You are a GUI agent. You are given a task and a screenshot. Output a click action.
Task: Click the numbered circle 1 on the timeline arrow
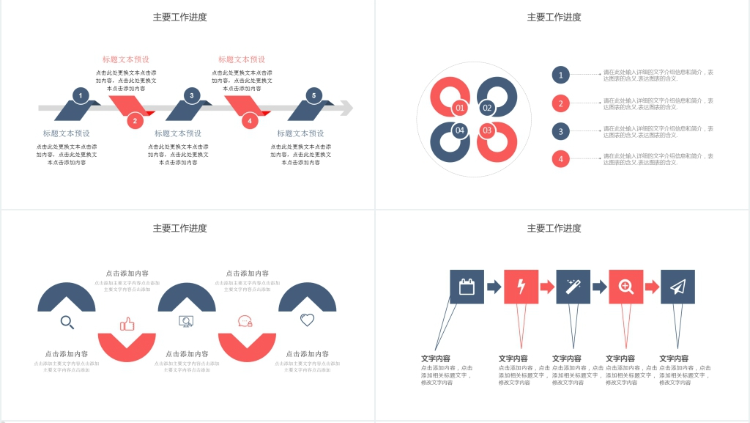tap(81, 95)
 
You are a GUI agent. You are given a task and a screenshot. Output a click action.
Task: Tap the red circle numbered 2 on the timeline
tap(135, 121)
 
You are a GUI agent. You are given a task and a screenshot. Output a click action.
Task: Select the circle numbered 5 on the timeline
tap(313, 95)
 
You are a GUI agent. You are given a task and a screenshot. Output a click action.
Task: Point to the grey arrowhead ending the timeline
tap(346, 108)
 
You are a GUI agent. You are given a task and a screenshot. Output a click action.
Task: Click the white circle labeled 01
tap(460, 108)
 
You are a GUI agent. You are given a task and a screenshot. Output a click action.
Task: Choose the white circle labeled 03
tap(487, 130)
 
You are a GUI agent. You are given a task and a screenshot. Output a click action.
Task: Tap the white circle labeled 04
tap(460, 130)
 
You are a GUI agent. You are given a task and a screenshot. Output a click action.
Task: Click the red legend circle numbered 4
tap(560, 158)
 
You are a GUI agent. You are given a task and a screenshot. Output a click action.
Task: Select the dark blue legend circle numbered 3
tap(560, 131)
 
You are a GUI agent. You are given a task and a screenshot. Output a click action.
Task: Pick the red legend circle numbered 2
tap(560, 103)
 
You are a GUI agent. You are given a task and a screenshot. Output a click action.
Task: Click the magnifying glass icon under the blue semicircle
tap(67, 322)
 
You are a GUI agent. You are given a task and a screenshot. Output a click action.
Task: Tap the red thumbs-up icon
tap(127, 323)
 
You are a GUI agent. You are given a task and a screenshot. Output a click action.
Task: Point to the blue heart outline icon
tap(307, 320)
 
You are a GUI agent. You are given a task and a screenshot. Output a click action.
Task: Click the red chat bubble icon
tap(245, 321)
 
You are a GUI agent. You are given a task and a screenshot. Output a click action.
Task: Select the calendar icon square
tap(467, 287)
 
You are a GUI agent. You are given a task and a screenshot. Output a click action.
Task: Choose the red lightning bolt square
tap(521, 287)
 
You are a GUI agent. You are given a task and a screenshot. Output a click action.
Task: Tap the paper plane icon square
tap(677, 287)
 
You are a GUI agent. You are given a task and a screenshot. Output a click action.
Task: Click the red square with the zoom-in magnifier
tap(626, 287)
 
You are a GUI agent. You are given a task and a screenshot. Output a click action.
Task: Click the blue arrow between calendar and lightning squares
tap(494, 287)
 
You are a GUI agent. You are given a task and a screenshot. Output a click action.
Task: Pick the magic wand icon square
tap(573, 287)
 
